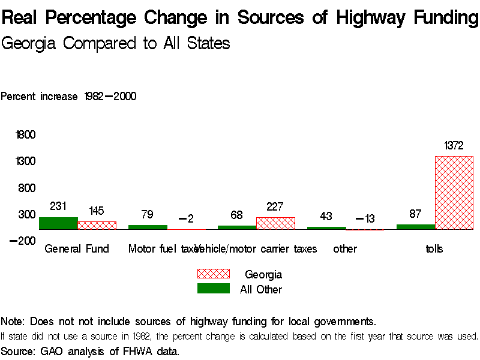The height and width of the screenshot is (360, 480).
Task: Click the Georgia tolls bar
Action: [x=454, y=193]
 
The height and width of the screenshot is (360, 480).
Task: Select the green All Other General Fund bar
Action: [x=58, y=223]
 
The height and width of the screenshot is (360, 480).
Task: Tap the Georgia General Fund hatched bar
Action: [x=97, y=225]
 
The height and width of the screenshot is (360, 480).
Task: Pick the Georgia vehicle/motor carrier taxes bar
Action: [x=275, y=223]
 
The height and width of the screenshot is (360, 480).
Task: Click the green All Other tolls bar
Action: [x=415, y=227]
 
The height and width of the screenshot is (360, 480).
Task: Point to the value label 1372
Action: [x=454, y=146]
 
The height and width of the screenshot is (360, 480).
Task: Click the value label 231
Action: [x=58, y=206]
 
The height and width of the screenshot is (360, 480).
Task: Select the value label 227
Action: [x=275, y=206]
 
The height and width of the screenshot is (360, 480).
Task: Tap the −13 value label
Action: [x=365, y=219]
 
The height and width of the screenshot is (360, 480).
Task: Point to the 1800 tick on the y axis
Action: [x=26, y=134]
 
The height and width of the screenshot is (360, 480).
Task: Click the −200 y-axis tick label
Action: [x=23, y=241]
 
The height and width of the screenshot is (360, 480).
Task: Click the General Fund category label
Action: [x=77, y=249]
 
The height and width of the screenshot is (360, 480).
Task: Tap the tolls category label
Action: [x=434, y=249]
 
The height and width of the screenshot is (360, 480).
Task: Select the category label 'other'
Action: [x=345, y=249]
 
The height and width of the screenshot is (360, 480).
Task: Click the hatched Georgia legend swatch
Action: [x=214, y=274]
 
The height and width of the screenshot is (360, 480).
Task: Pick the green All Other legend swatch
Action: [x=214, y=289]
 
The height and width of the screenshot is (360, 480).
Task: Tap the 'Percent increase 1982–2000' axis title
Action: [x=68, y=97]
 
